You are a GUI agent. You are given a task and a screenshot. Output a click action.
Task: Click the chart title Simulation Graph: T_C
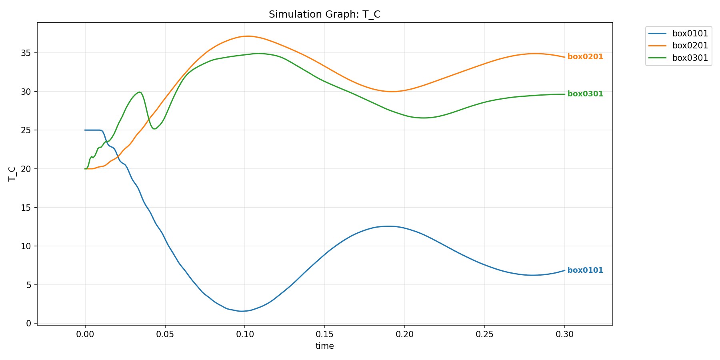click(x=324, y=14)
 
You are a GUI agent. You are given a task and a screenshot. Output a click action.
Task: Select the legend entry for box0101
click(x=690, y=34)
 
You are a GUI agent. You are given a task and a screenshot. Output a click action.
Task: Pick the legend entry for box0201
click(x=690, y=46)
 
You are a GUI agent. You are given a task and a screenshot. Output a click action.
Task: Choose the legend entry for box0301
click(x=690, y=58)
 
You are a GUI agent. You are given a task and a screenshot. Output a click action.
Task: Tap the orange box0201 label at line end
click(x=585, y=57)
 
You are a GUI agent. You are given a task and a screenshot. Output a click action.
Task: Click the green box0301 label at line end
click(x=585, y=94)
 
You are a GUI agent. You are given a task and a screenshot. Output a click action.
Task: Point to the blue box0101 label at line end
click(x=585, y=270)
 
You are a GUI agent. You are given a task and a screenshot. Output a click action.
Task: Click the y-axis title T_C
click(x=12, y=174)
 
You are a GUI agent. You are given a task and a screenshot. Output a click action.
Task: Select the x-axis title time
click(x=324, y=346)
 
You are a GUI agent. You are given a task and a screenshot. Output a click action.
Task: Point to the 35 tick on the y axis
click(x=26, y=53)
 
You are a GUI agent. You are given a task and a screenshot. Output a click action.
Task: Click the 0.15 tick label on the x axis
click(x=324, y=334)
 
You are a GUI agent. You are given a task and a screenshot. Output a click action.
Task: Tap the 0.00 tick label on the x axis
click(x=85, y=334)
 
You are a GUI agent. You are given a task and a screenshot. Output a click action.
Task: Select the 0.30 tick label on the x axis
click(x=564, y=334)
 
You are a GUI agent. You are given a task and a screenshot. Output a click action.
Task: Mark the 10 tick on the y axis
click(x=26, y=246)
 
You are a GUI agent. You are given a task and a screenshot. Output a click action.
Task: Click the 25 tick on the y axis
click(x=26, y=130)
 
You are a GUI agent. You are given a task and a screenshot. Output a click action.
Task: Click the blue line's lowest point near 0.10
click(x=242, y=311)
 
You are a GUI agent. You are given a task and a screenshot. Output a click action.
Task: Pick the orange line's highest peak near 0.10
click(x=248, y=36)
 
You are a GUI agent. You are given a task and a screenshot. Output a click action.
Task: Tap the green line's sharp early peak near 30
click(x=139, y=92)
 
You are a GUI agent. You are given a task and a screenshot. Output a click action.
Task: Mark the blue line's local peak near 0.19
click(x=388, y=226)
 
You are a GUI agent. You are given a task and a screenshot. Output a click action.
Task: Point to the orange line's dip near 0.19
click(x=392, y=92)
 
